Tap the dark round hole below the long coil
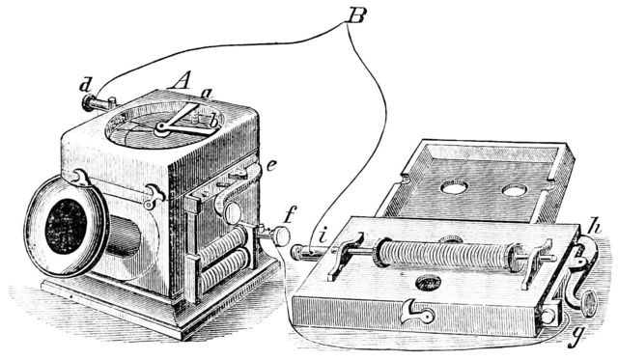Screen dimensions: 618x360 427,283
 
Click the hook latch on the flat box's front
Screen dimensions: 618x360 418,313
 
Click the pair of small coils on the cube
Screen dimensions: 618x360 223,258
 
